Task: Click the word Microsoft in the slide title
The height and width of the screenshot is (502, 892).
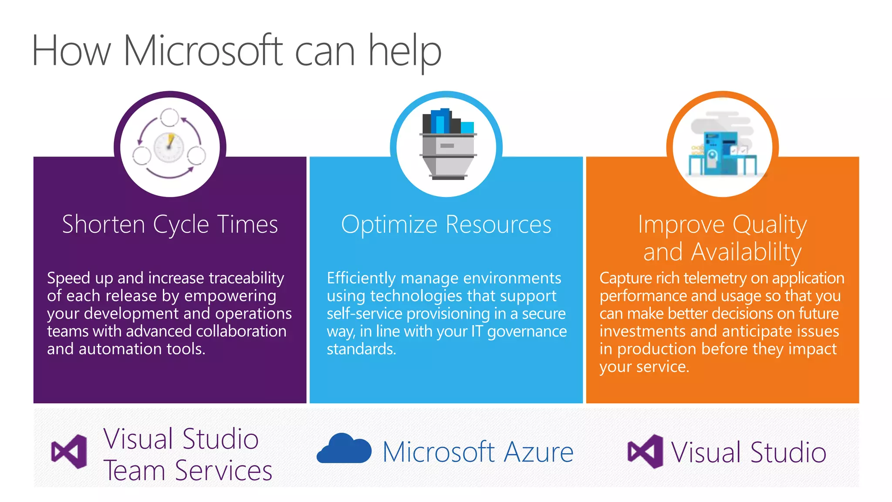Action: click(203, 51)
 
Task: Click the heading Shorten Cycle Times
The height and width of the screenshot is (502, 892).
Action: click(170, 224)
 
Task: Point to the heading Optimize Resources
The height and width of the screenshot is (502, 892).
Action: click(446, 224)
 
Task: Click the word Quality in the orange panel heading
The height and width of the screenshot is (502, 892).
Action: click(769, 225)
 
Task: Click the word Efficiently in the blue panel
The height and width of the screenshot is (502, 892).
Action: click(361, 278)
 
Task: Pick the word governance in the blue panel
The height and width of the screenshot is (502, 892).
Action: click(527, 332)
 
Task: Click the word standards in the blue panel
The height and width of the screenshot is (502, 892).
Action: click(361, 349)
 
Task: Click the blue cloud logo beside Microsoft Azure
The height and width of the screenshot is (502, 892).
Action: click(344, 448)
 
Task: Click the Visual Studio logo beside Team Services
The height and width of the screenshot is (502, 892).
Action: click(69, 451)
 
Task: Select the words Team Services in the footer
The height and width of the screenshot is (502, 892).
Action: click(188, 471)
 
